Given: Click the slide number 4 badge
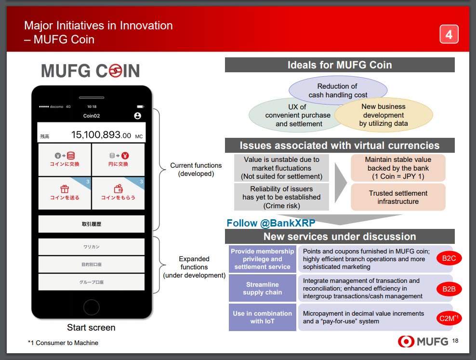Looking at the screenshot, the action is (449, 34).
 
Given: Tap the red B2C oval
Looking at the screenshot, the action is (449, 258).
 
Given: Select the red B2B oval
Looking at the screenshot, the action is (449, 289).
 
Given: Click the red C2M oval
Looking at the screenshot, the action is (449, 319).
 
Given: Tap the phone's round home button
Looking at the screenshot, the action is (92, 307).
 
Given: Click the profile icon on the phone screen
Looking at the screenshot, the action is (137, 116).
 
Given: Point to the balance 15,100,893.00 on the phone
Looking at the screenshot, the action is (101, 135).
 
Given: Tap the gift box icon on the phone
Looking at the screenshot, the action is (65, 189).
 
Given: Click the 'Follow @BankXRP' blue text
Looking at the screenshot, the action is (271, 223).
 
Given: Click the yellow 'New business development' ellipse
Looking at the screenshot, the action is (383, 115).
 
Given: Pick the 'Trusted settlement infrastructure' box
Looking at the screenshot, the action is (398, 197).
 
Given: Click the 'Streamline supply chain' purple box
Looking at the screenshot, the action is (262, 288).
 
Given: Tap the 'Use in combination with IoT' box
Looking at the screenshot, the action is (262, 317).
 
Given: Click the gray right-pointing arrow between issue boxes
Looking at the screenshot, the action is (340, 183).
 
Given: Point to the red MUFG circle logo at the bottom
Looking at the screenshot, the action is (406, 342).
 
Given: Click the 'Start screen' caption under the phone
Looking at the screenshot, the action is (91, 328).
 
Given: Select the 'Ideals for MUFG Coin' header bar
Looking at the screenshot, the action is (340, 65).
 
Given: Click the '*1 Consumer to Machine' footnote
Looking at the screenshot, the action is (63, 343).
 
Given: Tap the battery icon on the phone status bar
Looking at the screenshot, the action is (141, 107).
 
